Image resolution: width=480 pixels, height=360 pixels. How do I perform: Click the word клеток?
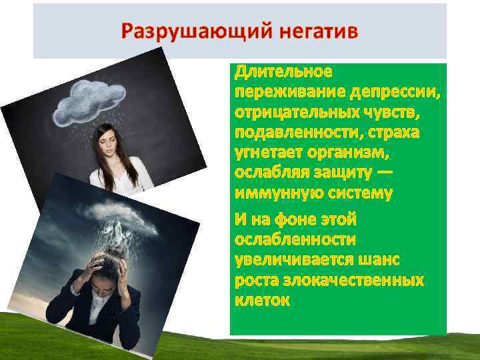pos(262,300)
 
